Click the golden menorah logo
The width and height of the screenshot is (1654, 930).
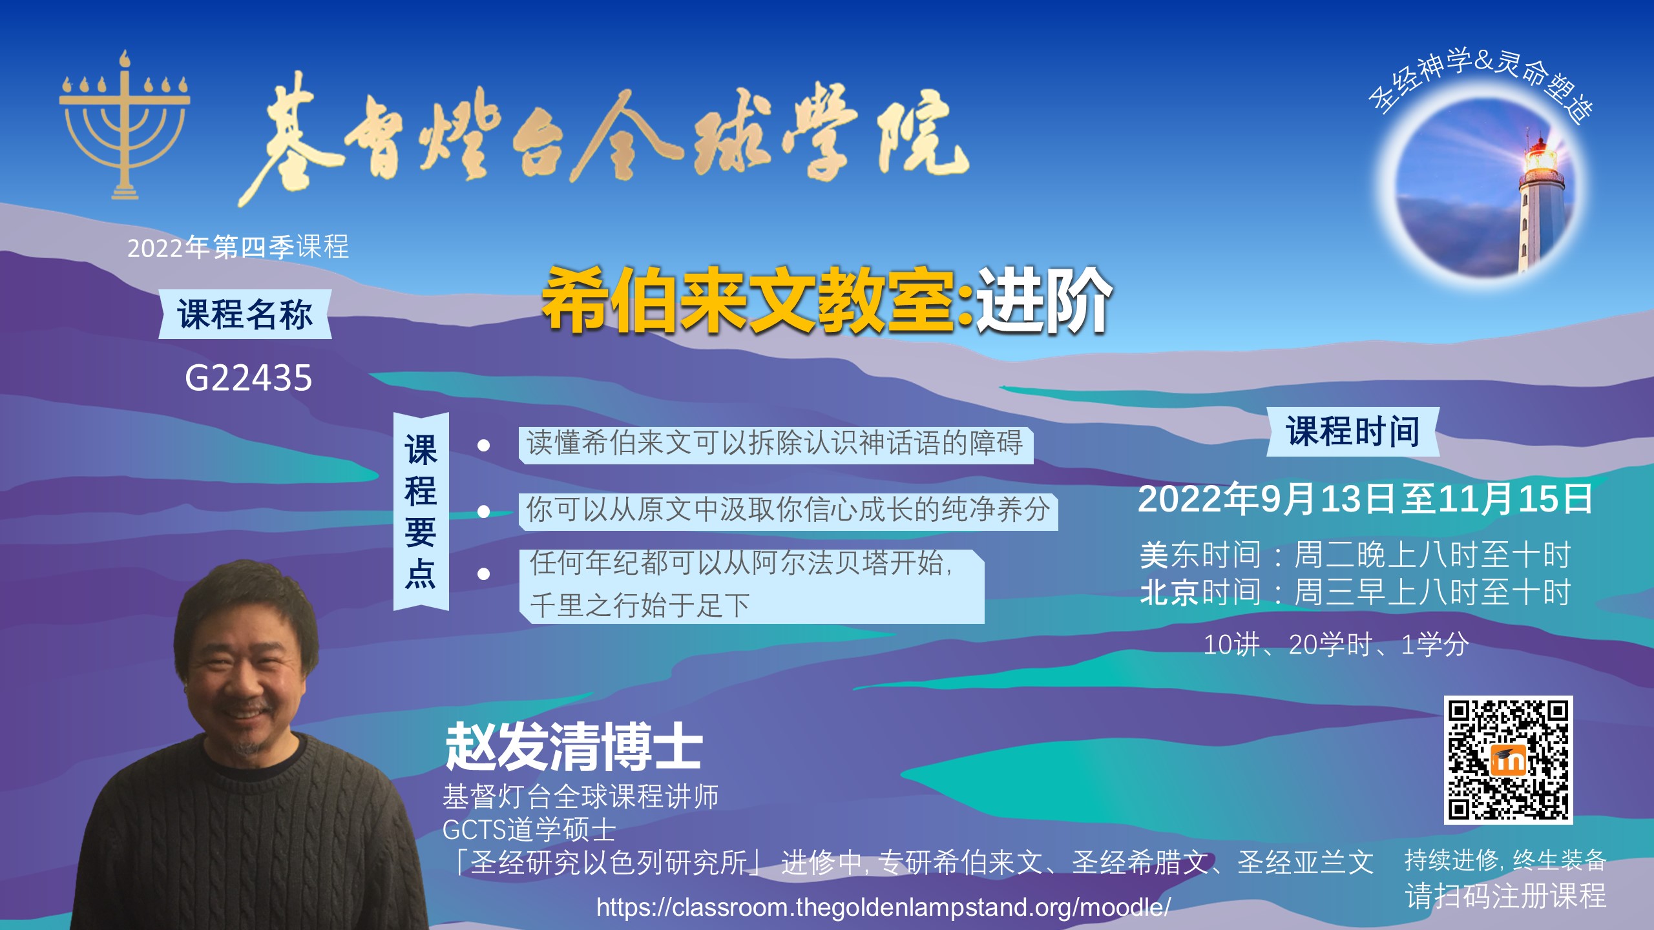125,126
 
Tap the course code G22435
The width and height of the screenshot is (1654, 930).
249,378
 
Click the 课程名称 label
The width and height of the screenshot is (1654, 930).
246,315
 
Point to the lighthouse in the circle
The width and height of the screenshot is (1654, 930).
1539,200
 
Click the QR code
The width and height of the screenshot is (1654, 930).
1508,759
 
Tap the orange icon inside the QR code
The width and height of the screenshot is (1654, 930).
1509,760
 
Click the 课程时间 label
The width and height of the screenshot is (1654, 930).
1353,431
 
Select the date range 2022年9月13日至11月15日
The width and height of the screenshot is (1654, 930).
1365,499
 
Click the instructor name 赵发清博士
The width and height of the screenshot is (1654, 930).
574,747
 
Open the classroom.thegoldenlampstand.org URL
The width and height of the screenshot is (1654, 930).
883,907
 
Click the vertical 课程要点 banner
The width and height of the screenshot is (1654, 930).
421,512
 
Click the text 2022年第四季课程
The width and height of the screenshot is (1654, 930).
238,247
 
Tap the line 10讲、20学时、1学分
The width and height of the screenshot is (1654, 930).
1336,645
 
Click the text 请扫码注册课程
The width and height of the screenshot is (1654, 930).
1505,896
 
